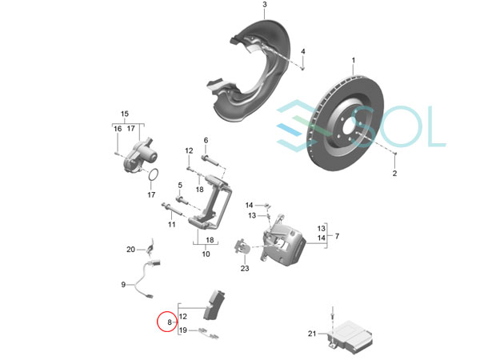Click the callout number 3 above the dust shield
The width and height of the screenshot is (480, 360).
coord(265,5)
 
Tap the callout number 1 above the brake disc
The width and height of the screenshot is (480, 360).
coord(354,60)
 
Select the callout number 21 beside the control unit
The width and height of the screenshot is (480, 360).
coord(312,334)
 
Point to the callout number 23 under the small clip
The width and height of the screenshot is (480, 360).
coord(245,269)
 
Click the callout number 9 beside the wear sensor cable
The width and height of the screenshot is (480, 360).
coord(123,285)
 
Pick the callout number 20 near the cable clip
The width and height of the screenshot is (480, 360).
coord(130,250)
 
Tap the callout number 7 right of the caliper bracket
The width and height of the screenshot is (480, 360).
coord(337,236)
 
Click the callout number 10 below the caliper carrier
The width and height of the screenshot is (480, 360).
coord(206,254)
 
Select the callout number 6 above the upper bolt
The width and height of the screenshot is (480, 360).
coord(206,140)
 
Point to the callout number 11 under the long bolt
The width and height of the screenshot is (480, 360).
coord(172,224)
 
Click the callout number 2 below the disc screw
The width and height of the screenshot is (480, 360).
coord(394,174)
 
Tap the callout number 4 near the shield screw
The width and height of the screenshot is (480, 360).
coord(302,51)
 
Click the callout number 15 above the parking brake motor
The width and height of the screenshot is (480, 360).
coord(125,114)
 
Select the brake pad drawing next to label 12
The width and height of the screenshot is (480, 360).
coord(214,305)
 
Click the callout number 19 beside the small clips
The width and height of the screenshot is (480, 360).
coord(182,330)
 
